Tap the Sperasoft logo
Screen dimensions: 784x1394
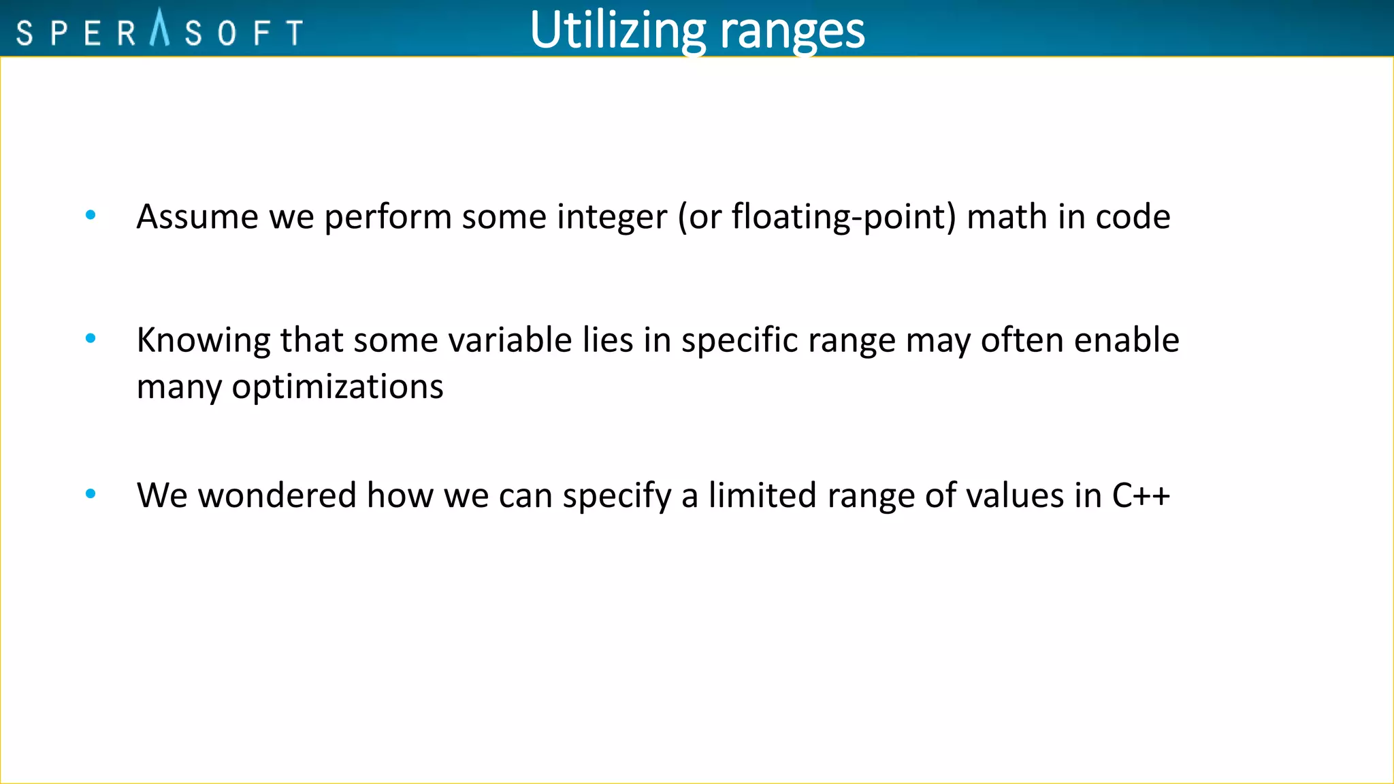coord(160,31)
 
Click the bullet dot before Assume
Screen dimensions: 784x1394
coord(91,216)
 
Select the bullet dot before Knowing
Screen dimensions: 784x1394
coord(91,338)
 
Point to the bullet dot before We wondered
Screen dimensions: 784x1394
coord(91,494)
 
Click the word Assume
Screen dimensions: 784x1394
coord(198,217)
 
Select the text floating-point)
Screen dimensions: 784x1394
coord(844,218)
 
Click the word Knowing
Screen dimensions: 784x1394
coord(204,341)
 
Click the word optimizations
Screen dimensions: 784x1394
coord(338,387)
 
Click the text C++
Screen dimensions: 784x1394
coord(1141,495)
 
